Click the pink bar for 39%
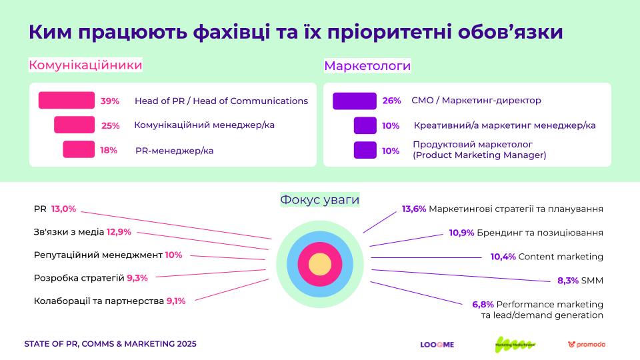67,100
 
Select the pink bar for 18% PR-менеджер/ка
79,149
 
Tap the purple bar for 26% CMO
355,101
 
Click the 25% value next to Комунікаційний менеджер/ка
110,125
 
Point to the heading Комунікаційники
85,65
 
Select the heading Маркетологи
367,65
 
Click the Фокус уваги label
320,199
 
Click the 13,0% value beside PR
63,209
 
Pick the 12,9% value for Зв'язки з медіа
119,232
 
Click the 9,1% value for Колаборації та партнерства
176,301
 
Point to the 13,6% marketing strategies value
413,209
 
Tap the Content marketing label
560,257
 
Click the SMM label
592,281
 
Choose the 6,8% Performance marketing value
483,304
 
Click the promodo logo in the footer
587,345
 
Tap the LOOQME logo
437,345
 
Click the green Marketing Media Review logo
515,345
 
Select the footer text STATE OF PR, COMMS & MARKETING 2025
110,344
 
